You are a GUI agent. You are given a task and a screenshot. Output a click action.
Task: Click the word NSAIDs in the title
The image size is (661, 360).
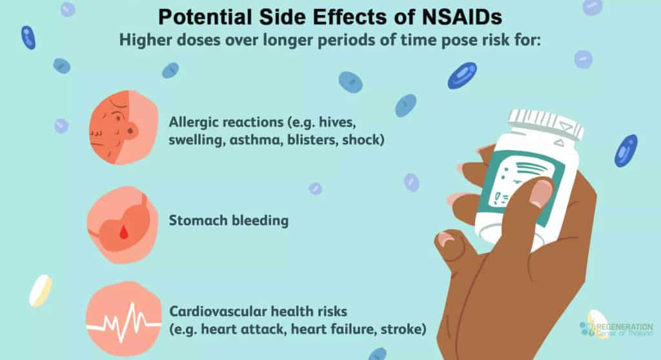tap(462, 17)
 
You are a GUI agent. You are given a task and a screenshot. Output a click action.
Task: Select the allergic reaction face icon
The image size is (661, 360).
tap(123, 127)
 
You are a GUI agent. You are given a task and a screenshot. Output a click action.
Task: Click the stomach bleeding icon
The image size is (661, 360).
tap(123, 225)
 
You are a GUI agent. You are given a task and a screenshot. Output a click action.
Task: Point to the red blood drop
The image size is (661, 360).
tap(123, 232)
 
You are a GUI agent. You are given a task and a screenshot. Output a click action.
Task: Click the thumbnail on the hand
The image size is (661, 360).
tap(540, 193)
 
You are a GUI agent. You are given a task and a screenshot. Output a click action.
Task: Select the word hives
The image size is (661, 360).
tap(337, 122)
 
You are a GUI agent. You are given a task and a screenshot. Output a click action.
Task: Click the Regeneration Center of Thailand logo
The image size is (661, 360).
tap(616, 326)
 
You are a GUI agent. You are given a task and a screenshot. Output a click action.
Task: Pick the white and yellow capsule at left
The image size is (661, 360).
tap(41, 290)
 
